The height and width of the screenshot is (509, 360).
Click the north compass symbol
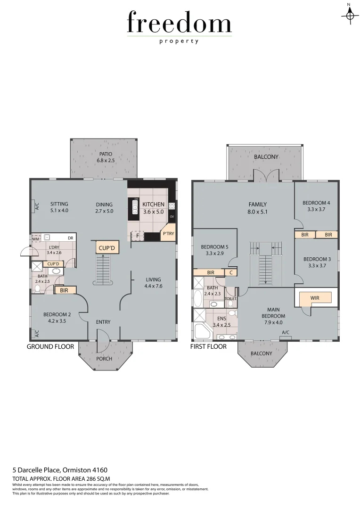tap(349, 15)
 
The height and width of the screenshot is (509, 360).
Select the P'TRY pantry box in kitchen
tap(168, 234)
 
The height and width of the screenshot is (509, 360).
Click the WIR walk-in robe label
tap(315, 298)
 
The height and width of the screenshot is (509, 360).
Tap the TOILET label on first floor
tap(231, 299)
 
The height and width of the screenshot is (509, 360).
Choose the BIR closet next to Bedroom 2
tap(65, 291)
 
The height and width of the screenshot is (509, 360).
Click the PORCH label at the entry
tap(104, 359)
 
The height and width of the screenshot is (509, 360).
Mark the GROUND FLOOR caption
tap(50, 346)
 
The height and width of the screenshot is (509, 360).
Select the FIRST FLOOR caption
tap(208, 346)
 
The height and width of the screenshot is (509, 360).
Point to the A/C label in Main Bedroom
tap(285, 332)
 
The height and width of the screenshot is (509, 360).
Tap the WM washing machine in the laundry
tap(35, 239)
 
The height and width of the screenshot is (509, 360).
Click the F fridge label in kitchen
tap(137, 235)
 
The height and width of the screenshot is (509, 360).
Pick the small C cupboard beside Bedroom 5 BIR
tap(231, 272)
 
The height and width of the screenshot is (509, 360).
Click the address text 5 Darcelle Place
tap(60, 470)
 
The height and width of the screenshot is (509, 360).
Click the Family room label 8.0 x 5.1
tap(258, 208)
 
